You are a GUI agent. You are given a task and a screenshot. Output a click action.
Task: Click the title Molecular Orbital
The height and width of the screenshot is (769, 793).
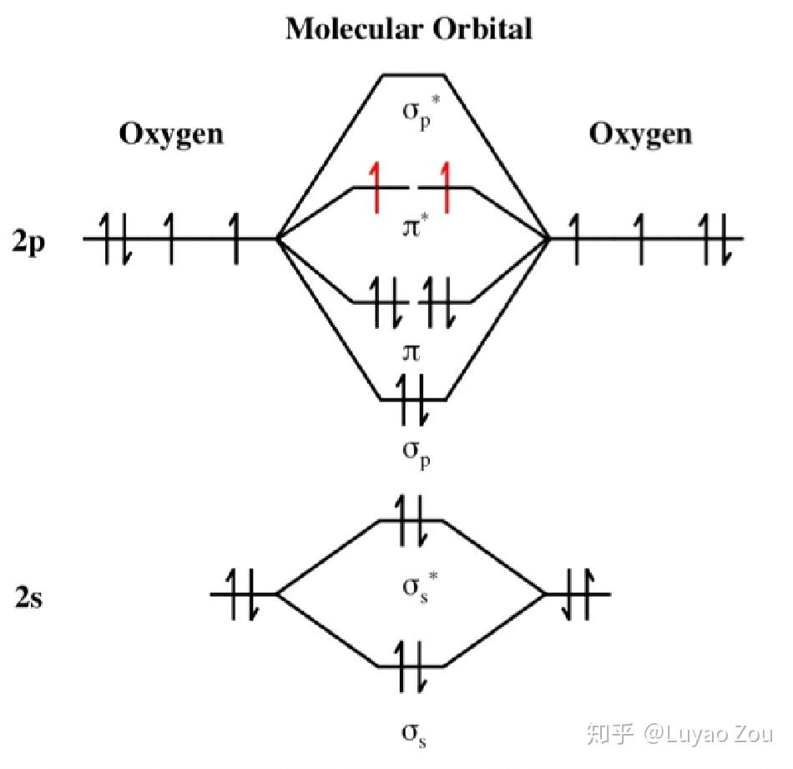tap(409, 29)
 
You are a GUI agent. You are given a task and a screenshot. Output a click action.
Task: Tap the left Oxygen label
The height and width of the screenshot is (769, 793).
tap(172, 134)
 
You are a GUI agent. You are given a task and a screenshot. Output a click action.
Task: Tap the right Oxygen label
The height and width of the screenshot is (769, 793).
tap(641, 134)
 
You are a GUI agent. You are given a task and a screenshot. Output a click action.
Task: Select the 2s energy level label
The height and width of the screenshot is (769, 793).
tap(28, 599)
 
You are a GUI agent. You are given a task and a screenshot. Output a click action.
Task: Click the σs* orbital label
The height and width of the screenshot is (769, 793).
tap(414, 588)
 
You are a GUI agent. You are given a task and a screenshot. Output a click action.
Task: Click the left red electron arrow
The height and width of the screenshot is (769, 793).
tap(376, 188)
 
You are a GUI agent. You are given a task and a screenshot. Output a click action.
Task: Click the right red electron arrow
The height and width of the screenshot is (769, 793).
tap(447, 188)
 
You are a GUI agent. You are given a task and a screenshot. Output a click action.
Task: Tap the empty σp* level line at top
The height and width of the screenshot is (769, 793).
tap(413, 75)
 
